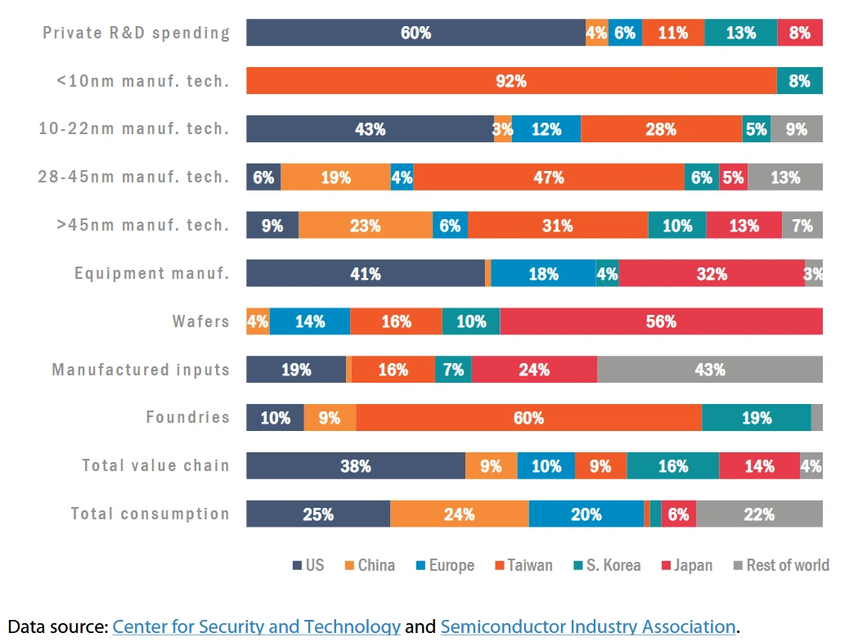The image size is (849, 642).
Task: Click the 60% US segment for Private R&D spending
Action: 416,33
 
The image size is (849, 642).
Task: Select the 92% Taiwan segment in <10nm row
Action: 511,81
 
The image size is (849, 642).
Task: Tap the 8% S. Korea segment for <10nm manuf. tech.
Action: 799,81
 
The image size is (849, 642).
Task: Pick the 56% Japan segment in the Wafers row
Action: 661,321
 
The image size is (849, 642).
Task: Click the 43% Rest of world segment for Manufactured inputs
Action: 709,370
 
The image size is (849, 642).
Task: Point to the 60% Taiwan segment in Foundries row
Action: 528,418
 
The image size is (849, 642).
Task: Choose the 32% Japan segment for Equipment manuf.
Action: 712,274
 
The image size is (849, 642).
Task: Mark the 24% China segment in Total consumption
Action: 459,514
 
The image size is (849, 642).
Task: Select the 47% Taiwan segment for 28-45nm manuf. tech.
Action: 548,177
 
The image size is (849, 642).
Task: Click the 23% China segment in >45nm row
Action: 365,226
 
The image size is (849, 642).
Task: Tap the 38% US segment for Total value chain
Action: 356,466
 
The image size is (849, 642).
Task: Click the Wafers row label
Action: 200,321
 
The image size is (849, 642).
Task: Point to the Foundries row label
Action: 187,418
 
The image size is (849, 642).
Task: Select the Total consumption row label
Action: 150,514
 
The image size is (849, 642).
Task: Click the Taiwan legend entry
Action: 523,565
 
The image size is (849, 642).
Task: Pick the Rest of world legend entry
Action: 781,565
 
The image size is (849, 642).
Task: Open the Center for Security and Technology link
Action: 256,627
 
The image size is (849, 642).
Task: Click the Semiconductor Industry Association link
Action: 588,627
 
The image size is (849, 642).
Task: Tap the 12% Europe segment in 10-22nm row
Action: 546,129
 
